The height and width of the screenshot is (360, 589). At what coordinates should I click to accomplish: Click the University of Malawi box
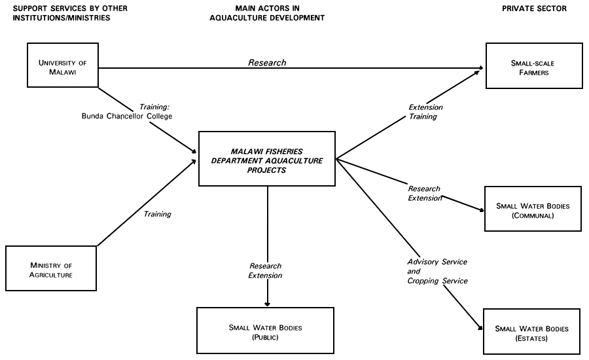(62, 65)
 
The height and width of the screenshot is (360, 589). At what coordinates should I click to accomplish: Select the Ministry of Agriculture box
(50, 270)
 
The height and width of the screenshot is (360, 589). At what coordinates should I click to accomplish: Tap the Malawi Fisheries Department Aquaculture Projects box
(267, 160)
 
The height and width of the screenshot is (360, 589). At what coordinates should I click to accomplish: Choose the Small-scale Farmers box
(533, 65)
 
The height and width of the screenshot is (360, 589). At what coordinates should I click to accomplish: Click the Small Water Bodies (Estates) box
(533, 333)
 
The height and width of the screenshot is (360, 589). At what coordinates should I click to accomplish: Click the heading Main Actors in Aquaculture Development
(266, 13)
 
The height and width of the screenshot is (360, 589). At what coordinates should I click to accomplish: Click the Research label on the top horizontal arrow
(267, 63)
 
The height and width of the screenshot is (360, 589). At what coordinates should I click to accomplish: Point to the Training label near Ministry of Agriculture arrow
(157, 213)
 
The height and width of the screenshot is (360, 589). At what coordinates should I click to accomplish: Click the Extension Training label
(425, 112)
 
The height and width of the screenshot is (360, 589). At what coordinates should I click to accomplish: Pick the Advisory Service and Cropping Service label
(437, 271)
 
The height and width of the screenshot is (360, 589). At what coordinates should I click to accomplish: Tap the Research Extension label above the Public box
(265, 271)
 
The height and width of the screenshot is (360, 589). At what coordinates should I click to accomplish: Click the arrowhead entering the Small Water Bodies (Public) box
(267, 303)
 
